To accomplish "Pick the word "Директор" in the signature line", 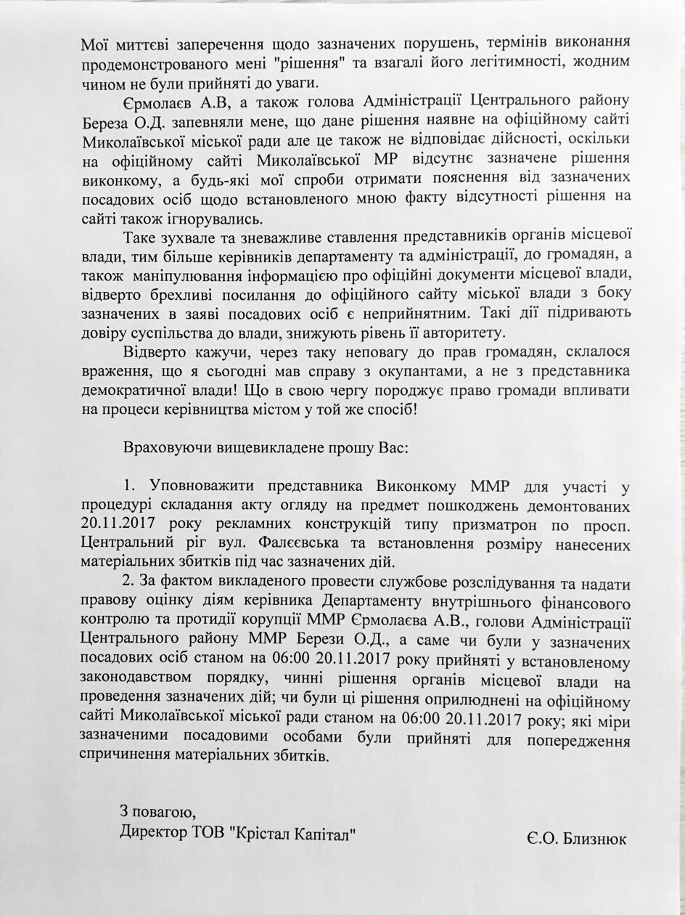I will pyautogui.click(x=150, y=831).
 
